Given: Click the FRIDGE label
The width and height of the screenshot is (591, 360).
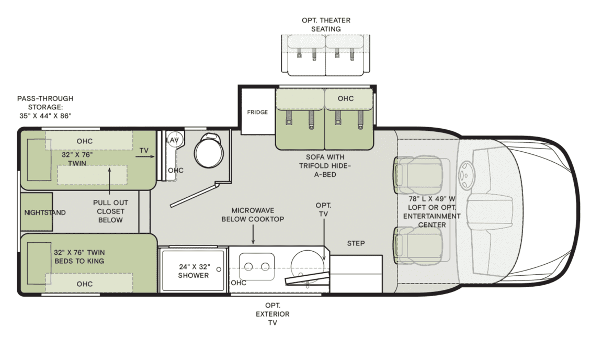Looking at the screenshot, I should pos(257,112).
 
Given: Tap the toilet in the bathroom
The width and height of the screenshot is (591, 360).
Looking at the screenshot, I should pos(209,151).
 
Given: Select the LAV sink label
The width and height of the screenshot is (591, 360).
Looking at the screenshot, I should pos(172,140).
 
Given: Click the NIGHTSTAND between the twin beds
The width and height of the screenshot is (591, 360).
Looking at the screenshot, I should pos(37,212).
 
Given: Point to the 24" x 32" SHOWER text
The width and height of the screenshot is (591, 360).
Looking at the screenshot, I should pos(193,271).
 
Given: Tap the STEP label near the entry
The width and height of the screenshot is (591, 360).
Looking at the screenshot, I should pos(356,243).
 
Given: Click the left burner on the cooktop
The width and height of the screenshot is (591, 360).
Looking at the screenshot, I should pos(249,267).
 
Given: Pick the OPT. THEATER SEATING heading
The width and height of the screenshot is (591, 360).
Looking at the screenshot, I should pos(326,25).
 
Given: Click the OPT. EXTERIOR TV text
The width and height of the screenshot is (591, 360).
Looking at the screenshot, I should pos(272,314).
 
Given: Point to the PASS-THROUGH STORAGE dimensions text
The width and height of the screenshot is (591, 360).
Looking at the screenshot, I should pos(45,107).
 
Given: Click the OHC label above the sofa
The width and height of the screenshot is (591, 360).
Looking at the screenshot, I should pos(345,98).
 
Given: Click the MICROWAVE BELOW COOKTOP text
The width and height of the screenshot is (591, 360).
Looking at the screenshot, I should pos(253,215).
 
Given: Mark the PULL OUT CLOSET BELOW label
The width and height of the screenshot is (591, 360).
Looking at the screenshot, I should pos(110,211).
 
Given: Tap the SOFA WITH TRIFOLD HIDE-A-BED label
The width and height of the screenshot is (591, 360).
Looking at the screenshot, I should pos(325,165).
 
